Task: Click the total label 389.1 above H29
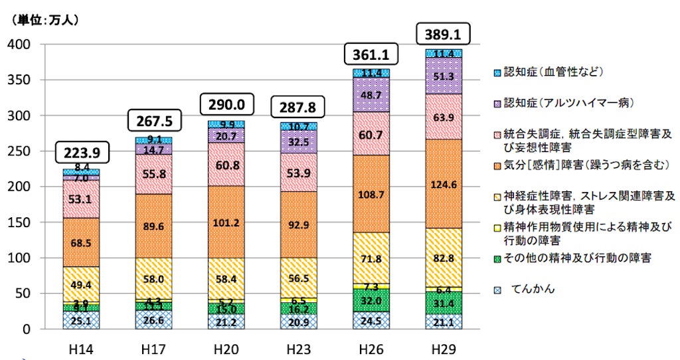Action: (x=442, y=33)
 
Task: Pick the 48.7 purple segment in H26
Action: (x=371, y=95)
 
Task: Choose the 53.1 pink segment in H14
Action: (x=81, y=199)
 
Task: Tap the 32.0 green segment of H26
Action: (x=371, y=300)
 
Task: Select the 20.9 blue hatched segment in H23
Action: (x=298, y=321)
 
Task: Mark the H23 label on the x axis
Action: (x=298, y=348)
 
